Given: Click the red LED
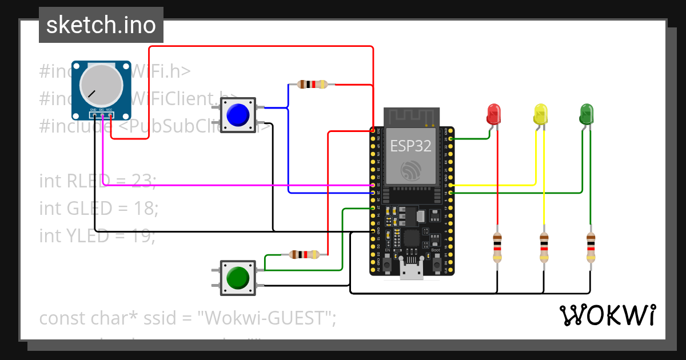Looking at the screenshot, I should point(493,114).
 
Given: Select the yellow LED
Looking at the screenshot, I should point(540,114).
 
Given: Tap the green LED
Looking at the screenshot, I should point(587,114).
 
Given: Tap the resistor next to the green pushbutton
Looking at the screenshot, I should point(304,255).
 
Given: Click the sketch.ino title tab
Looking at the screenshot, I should point(101,25).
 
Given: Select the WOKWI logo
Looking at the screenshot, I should point(607,315).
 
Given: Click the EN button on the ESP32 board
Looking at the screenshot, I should point(387,265).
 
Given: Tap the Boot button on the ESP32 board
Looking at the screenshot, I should point(436,265).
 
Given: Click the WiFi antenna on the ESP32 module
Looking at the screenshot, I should point(411,117).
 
